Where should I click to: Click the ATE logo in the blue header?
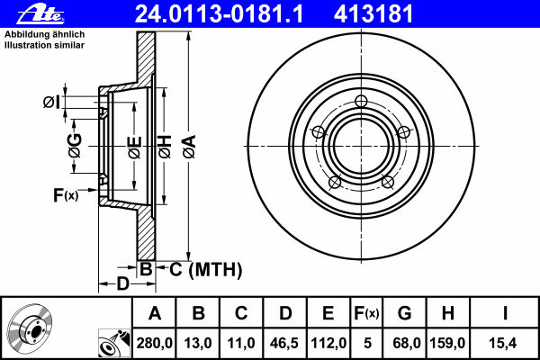click(x=40, y=14)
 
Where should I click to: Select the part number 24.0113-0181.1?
click(x=219, y=14)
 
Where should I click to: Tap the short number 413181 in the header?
click(x=373, y=14)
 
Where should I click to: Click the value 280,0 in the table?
click(x=154, y=343)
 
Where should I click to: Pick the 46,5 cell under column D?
click(x=284, y=343)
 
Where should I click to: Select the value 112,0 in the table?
click(x=328, y=343)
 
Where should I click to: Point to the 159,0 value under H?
click(x=447, y=343)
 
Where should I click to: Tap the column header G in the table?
click(x=404, y=313)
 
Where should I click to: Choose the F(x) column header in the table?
click(x=366, y=313)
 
